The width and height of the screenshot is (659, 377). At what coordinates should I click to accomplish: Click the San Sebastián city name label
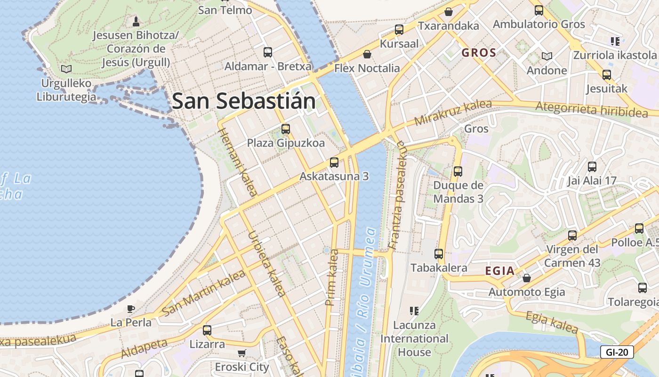pyautogui.click(x=243, y=101)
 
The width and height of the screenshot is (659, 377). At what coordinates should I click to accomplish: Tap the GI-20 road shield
pyautogui.click(x=617, y=352)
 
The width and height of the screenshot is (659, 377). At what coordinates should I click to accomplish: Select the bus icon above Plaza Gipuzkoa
pyautogui.click(x=285, y=129)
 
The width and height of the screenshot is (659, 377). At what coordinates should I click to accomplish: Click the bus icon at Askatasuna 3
pyautogui.click(x=334, y=163)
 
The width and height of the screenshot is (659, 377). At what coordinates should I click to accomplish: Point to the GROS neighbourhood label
pyautogui.click(x=479, y=52)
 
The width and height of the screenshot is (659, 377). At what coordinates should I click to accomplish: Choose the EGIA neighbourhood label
pyautogui.click(x=499, y=271)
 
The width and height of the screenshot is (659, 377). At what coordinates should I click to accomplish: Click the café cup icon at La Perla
pyautogui.click(x=131, y=309)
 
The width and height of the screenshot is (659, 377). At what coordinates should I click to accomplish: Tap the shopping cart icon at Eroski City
pyautogui.click(x=241, y=353)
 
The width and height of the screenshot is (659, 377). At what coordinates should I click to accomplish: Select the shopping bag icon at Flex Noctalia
pyautogui.click(x=367, y=55)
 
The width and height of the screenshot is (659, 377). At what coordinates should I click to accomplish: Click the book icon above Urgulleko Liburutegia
pyautogui.click(x=66, y=69)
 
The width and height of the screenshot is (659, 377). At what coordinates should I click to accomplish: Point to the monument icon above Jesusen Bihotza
pyautogui.click(x=136, y=21)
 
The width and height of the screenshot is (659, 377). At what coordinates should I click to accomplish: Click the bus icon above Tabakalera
pyautogui.click(x=439, y=254)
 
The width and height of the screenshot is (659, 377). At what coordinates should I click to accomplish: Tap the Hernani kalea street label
pyautogui.click(x=238, y=162)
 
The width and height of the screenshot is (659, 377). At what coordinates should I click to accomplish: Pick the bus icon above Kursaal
pyautogui.click(x=399, y=30)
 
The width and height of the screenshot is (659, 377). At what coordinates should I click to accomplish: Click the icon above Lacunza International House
pyautogui.click(x=414, y=311)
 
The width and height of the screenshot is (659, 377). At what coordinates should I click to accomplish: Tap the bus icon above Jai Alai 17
pyautogui.click(x=592, y=167)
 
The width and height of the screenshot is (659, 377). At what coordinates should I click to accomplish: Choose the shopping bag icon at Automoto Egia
pyautogui.click(x=527, y=278)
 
